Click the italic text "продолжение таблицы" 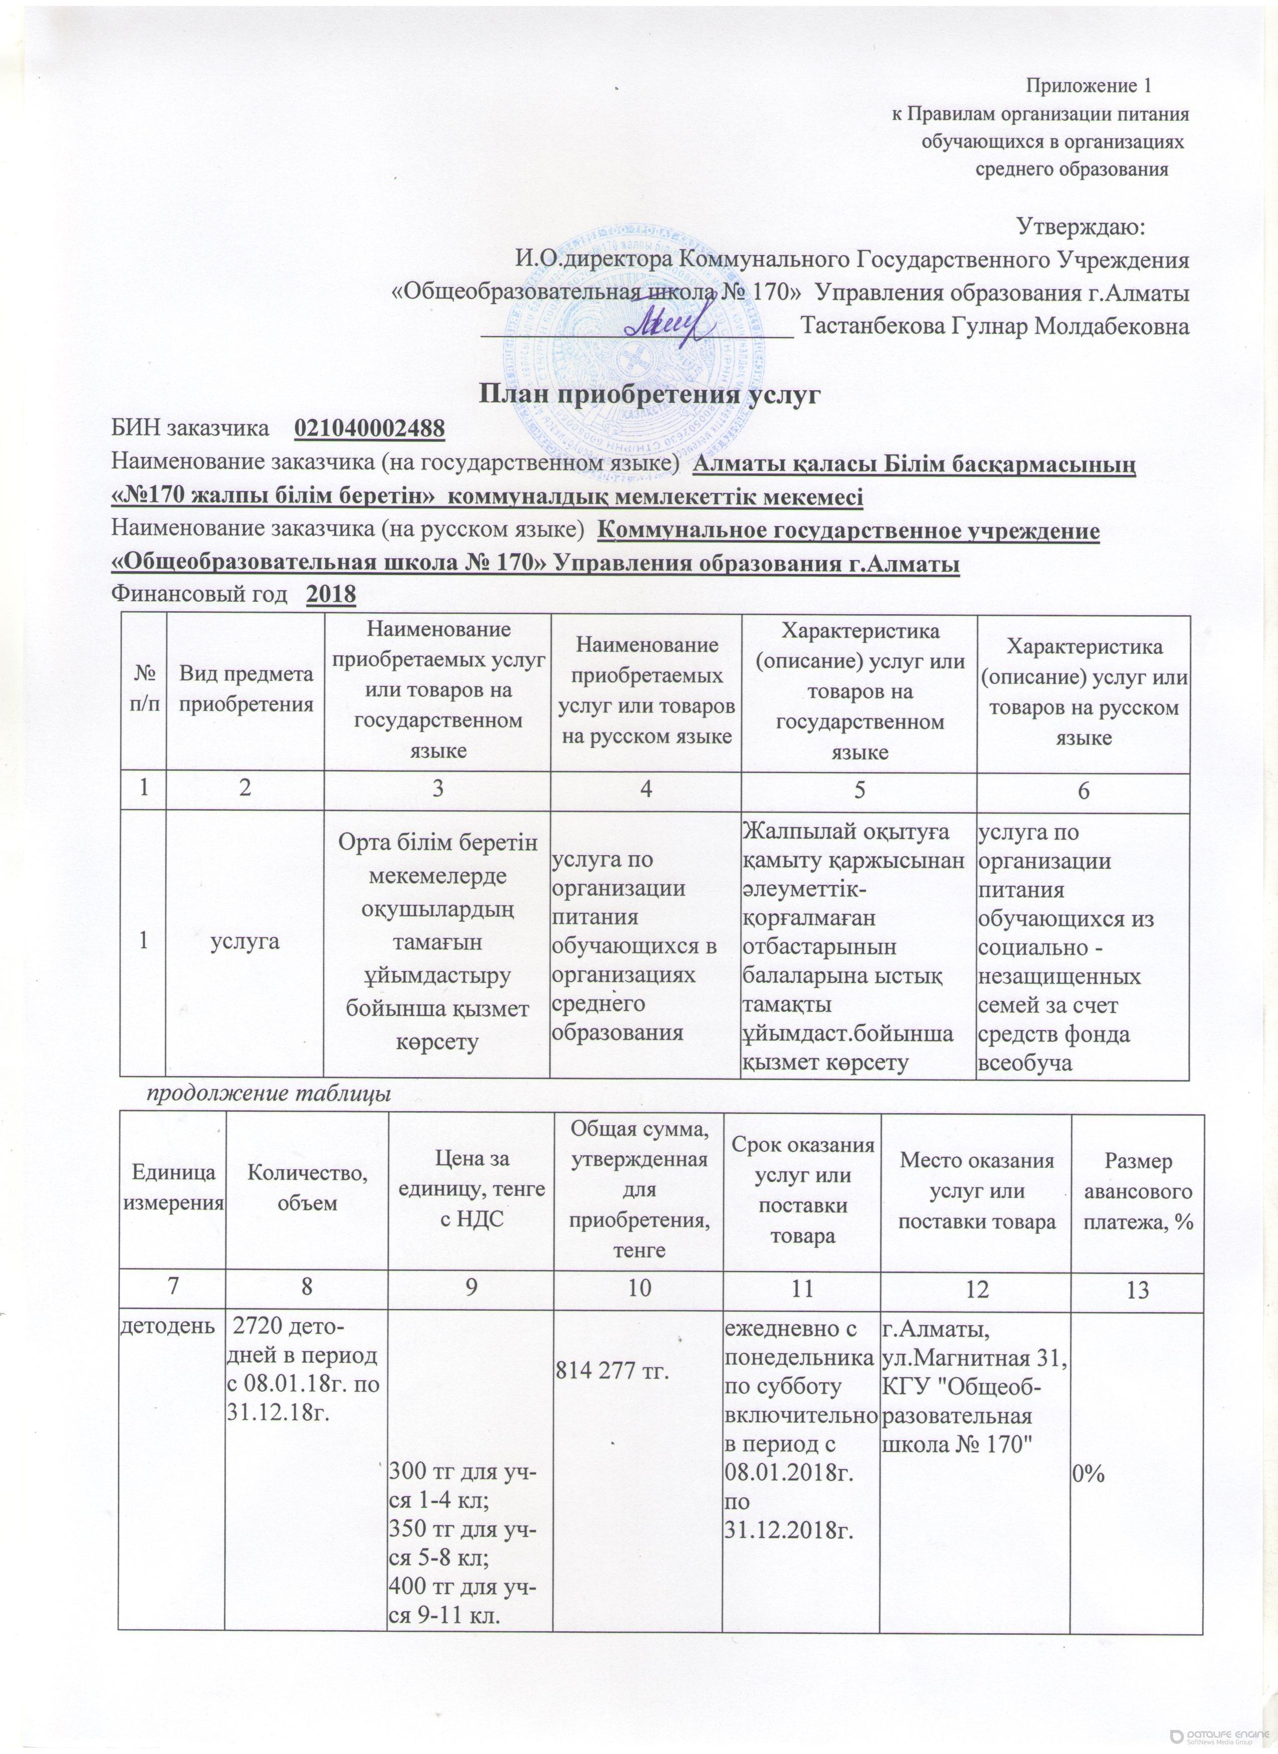click(269, 1094)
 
